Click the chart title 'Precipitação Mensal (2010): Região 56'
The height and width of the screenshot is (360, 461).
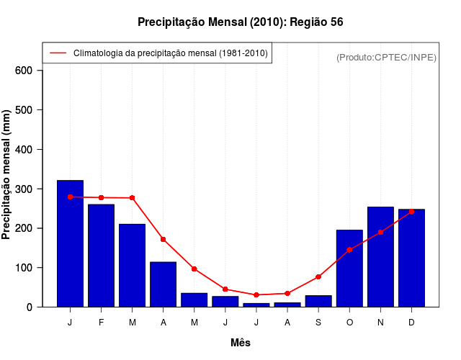tap(240, 22)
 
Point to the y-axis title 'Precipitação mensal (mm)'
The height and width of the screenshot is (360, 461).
tap(6, 175)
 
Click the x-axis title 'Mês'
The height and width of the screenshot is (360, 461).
tap(241, 343)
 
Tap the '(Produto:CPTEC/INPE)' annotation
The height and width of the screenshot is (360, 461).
tap(386, 57)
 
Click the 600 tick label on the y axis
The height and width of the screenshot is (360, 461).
tap(24, 71)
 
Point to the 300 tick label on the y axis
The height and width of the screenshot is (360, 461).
tap(24, 189)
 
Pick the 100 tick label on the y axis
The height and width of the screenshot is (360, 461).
tap(24, 268)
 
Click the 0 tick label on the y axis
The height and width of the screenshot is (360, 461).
tap(30, 307)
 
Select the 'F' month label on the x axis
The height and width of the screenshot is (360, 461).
tap(101, 323)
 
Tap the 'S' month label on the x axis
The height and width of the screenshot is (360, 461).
tap(318, 323)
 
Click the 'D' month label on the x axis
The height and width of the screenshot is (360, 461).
tap(411, 323)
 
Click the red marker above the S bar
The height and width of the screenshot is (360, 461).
tap(318, 276)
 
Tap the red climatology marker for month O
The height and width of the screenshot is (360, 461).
tap(349, 250)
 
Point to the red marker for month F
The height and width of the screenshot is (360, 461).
tap(101, 197)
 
